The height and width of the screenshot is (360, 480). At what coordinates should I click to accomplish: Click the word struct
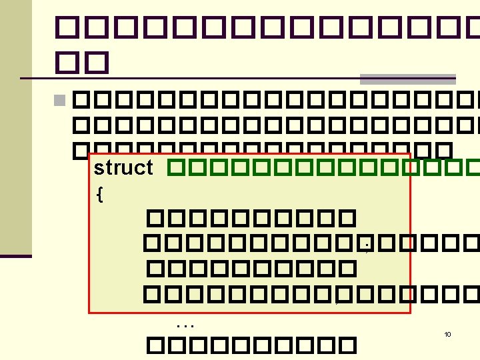click(x=123, y=167)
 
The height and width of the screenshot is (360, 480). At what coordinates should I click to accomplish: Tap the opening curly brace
click(x=99, y=194)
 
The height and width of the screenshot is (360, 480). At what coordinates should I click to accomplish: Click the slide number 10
click(x=447, y=334)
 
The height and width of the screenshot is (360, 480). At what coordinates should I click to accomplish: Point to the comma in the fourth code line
click(x=338, y=300)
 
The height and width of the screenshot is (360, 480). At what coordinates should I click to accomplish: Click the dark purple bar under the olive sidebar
click(x=15, y=255)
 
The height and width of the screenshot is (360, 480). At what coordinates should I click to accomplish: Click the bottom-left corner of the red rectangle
click(x=90, y=312)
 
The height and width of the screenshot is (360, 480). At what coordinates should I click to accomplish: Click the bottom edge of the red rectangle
click(x=250, y=312)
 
